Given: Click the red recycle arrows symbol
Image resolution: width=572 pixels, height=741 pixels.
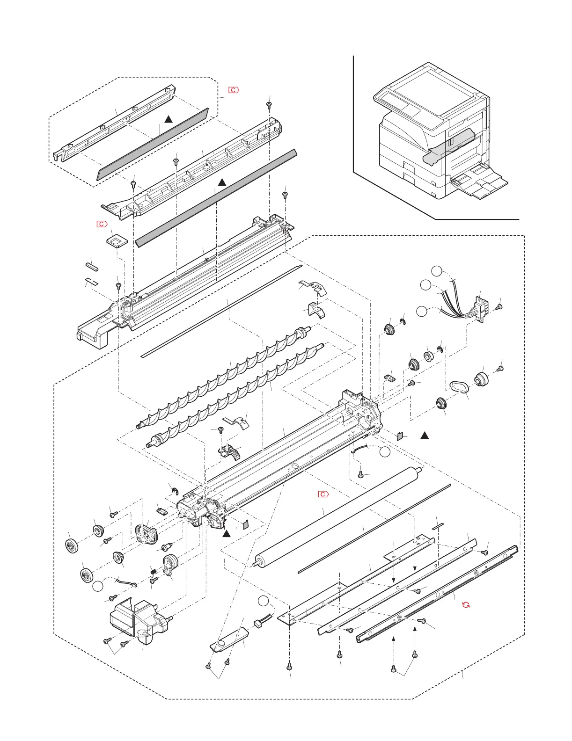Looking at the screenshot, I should pos(466,604).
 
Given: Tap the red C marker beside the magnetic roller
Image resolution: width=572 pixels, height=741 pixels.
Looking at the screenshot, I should pos(323,494).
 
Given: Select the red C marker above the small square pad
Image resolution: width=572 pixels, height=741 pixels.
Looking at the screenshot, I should pos(102,224).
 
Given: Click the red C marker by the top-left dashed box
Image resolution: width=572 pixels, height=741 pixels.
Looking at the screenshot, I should pos(234,89).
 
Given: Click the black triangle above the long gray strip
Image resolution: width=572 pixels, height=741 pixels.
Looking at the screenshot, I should pos(222,182).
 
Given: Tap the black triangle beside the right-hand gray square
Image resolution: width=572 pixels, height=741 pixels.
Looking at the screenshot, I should pos(425,436).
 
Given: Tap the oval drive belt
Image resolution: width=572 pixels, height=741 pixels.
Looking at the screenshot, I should pos(459,387).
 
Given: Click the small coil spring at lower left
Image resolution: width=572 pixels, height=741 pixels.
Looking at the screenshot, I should pos(152,571).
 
